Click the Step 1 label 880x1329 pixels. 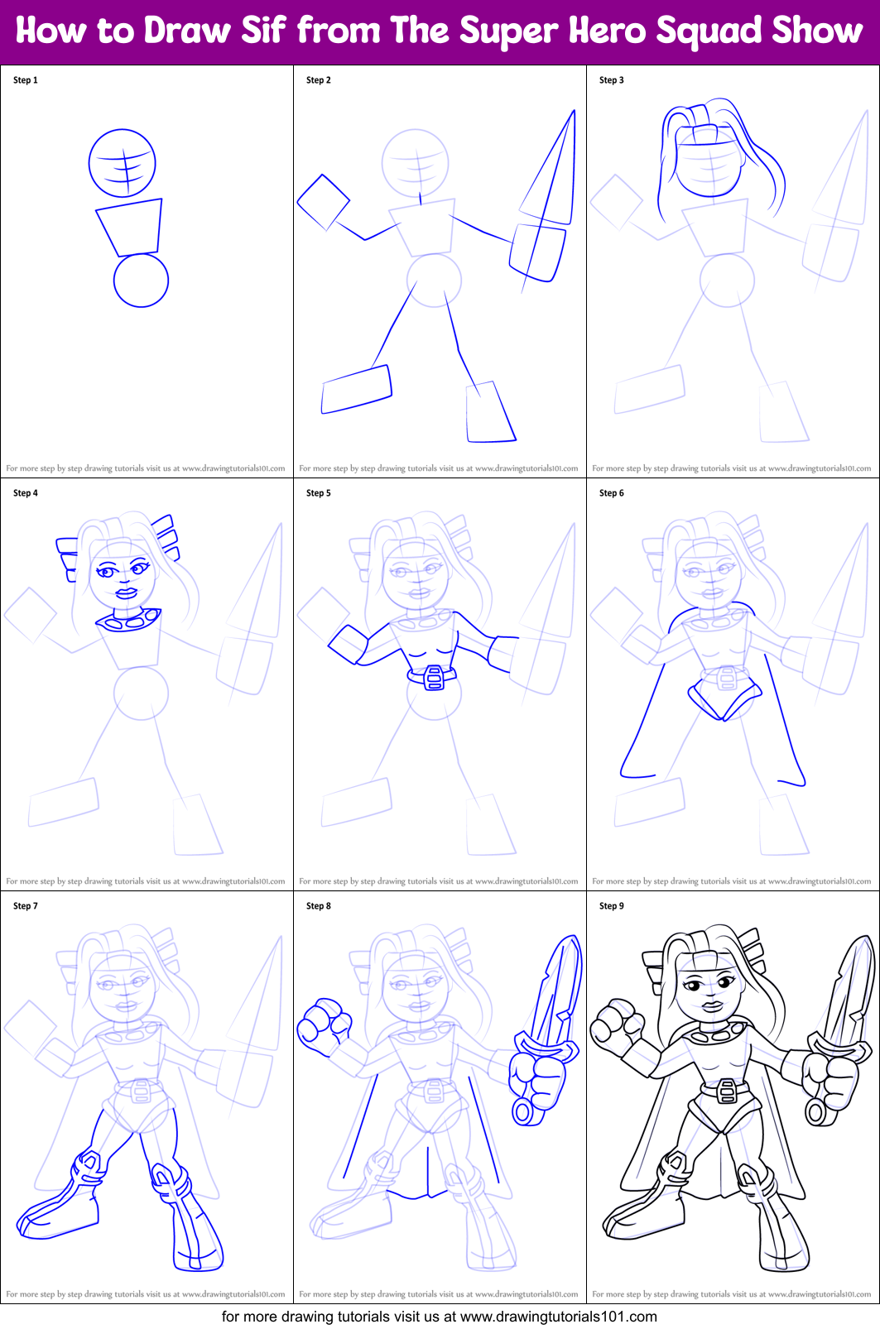coord(26,80)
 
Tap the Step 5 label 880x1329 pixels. coord(319,493)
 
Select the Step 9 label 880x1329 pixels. coord(612,906)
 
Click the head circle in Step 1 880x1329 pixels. coord(123,163)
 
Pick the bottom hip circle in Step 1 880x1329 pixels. coord(141,281)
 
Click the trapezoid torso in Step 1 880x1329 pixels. coord(130,226)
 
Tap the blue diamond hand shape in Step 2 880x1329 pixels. coord(323,202)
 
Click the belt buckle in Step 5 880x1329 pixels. coord(433,678)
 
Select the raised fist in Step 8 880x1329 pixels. coord(324,1025)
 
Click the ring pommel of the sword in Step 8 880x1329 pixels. coord(523,1111)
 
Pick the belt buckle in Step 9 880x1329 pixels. coord(726,1092)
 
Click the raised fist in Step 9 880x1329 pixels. coord(617,1024)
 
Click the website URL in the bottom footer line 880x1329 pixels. coord(558,1317)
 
